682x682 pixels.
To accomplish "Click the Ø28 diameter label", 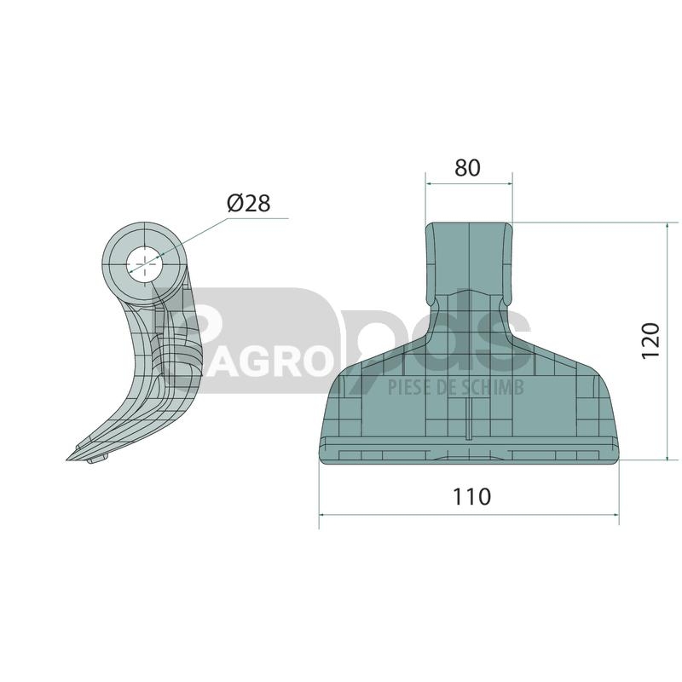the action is (x=248, y=203).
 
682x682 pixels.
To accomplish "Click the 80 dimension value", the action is (x=467, y=168).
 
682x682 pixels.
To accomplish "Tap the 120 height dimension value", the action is (x=651, y=340).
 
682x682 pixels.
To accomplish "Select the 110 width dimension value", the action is (x=472, y=497).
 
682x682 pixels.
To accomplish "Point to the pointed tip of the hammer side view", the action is (x=66, y=459).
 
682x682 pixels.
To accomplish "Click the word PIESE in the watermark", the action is (x=407, y=386).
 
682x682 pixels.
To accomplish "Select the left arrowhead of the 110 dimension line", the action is (x=322, y=515).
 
